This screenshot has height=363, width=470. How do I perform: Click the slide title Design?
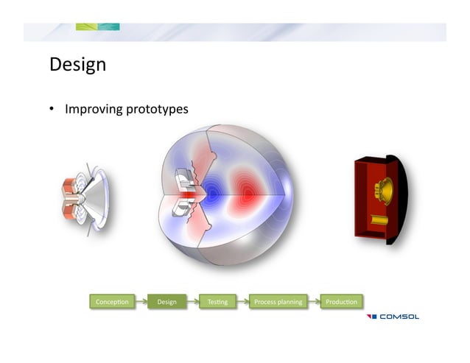[x=77, y=65]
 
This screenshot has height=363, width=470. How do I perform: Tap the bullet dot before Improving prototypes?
[x=53, y=110]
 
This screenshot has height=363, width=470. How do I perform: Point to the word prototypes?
[x=156, y=110]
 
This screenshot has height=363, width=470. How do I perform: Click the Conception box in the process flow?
[x=112, y=301]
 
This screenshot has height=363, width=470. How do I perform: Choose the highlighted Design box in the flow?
[x=166, y=301]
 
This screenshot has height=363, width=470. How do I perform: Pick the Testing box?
[x=217, y=301]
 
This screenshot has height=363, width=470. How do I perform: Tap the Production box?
[x=340, y=301]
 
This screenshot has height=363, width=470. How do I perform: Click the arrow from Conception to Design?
[x=140, y=301]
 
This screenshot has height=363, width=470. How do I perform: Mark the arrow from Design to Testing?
[x=192, y=301]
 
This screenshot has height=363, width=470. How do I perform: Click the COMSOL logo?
[x=393, y=317]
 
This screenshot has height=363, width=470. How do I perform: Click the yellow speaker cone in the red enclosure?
[x=383, y=189]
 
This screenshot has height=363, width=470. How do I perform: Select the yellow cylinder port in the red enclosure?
[x=378, y=220]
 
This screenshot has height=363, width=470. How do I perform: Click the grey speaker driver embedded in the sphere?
[x=185, y=194]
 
